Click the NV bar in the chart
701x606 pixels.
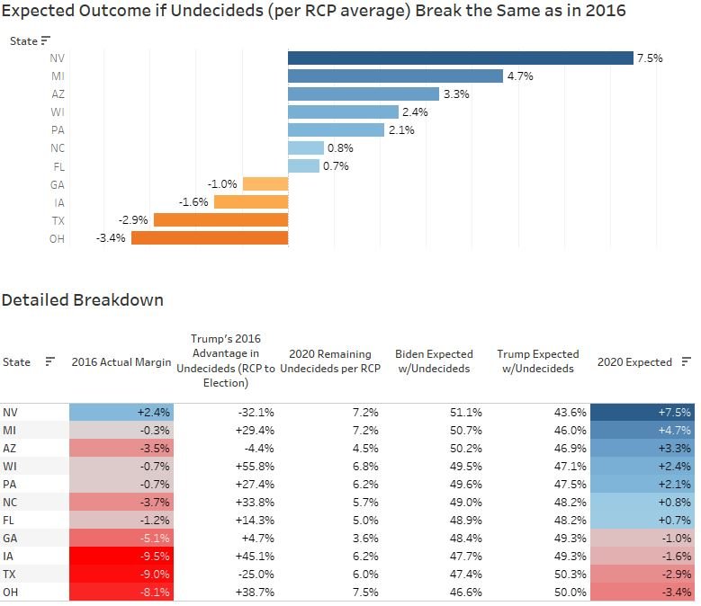(460, 58)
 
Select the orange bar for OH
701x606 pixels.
(209, 238)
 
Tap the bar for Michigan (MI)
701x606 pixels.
(395, 76)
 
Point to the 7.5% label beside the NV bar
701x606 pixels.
(650, 58)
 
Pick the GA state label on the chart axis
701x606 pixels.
(57, 184)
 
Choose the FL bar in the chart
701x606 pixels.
(303, 166)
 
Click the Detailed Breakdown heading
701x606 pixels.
(83, 300)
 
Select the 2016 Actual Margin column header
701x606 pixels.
(121, 362)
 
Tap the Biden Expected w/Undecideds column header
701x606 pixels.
(434, 362)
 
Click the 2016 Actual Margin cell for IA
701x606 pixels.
(121, 556)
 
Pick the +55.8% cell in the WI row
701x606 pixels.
(255, 466)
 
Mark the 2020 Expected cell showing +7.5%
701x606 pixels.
(643, 412)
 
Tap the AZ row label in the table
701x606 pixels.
(10, 448)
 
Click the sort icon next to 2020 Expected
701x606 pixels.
(686, 361)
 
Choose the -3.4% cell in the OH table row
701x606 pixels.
(643, 593)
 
